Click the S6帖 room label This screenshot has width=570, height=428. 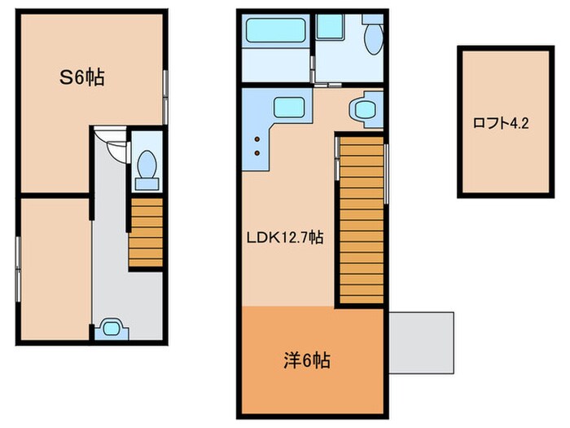coord(79,79)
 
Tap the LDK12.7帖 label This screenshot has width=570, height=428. coord(285,238)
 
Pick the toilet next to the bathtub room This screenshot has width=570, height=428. coord(373,37)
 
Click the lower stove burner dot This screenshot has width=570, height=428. coord(258,152)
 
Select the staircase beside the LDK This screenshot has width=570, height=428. coord(360,220)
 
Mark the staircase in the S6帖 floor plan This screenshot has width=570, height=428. coord(147,232)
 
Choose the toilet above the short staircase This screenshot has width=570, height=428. coord(147,166)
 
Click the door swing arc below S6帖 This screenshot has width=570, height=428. coord(116,144)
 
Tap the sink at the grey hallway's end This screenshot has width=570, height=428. coord(109,329)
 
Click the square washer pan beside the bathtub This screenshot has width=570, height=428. coord(330,29)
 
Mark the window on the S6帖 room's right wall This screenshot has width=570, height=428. coord(165,96)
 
